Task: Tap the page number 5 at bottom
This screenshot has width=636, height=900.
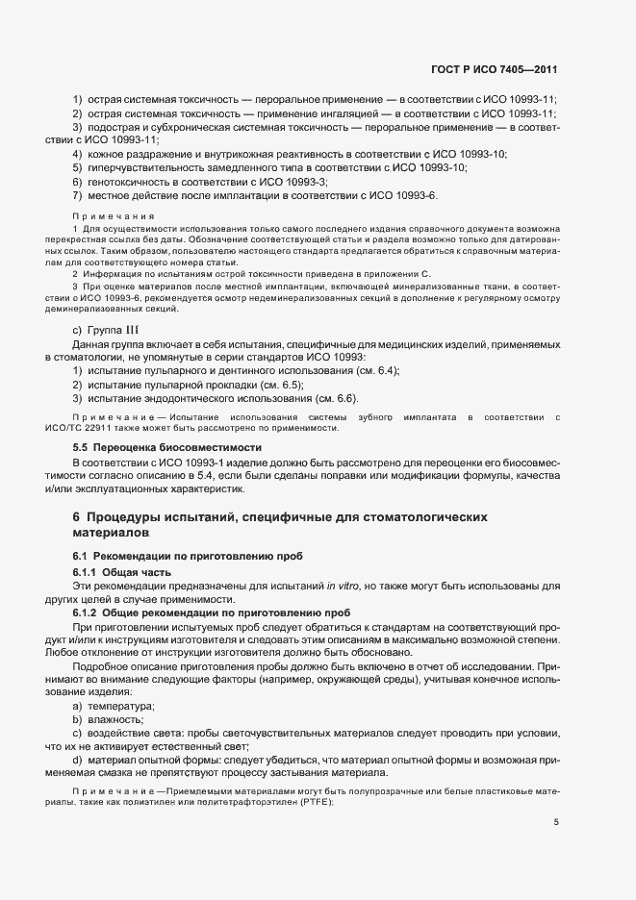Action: pos(555,821)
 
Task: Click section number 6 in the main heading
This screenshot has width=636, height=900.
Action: pos(77,516)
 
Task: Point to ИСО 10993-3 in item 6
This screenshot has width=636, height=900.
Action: pos(290,182)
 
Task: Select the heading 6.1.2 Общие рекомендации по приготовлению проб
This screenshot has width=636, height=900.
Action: pos(213,612)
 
